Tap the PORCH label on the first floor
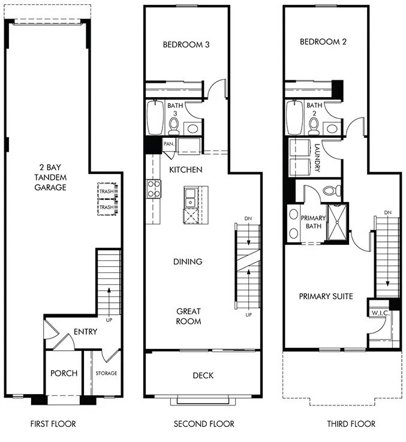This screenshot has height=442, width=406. point(64,373)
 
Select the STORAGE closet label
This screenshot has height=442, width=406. point(106,374)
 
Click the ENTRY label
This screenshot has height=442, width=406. point(85,332)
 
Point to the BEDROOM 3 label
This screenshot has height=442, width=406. point(186,44)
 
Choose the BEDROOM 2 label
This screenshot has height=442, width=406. point(324,42)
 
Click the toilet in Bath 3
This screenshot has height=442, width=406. point(174,125)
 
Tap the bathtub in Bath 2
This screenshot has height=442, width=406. point(294,118)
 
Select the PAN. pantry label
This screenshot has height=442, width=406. point(169,144)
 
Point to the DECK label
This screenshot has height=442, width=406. point(203,376)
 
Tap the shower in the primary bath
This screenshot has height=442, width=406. point(337,222)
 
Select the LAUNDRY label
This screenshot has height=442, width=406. point(317,157)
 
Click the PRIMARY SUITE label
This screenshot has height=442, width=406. point(326,296)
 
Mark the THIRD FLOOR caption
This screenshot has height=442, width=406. point(351,424)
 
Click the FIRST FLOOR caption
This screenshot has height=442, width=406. point(53,424)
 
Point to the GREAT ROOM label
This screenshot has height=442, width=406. point(188,316)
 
